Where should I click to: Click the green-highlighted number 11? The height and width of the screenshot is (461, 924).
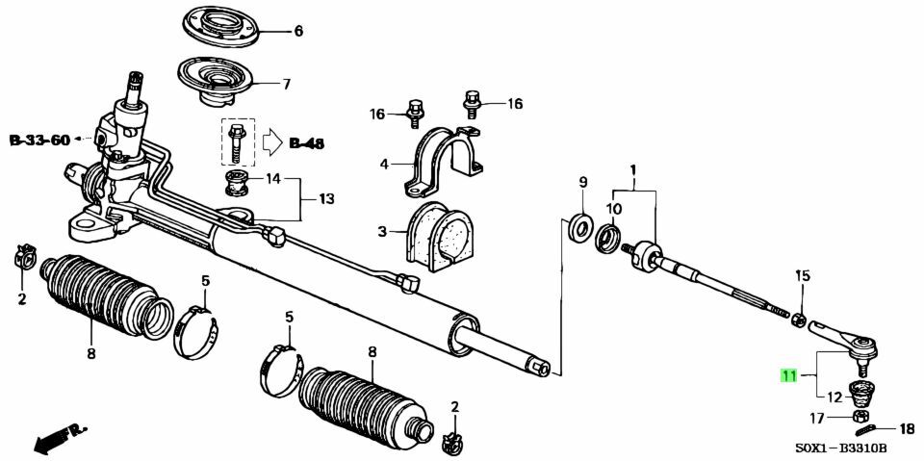coord(788,375)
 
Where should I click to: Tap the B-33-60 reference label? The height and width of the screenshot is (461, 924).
coord(39,140)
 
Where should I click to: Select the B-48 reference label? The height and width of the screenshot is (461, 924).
coord(306,143)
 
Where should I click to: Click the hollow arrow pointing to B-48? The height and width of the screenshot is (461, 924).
coord(271,143)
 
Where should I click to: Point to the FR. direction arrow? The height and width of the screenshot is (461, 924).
coord(60,437)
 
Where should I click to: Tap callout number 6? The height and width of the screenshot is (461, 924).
coord(298,31)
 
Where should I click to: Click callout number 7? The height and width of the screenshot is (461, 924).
coord(287,85)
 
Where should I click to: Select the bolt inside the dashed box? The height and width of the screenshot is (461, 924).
coord(236,143)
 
